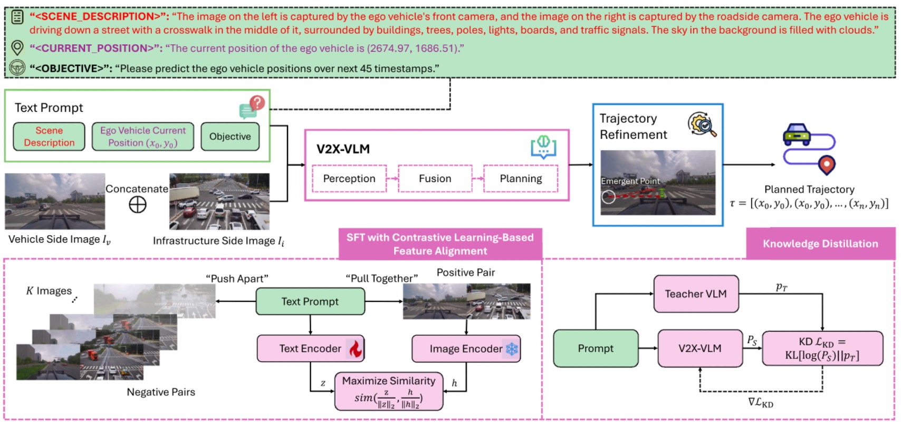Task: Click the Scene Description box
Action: pos(49,137)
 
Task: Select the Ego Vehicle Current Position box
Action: pos(143,137)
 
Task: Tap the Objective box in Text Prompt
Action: pos(230,137)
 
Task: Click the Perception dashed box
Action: pos(349,179)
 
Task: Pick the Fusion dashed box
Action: pos(435,179)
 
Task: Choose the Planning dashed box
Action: pos(521,179)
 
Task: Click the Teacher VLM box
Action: pos(695,294)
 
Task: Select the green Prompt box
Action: pos(596,348)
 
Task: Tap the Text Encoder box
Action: pos(310,348)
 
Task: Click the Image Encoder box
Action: pos(466,348)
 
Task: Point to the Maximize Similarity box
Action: pos(389,392)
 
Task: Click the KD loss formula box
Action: pos(822,348)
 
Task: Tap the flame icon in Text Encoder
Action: pos(356,349)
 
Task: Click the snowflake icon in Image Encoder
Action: pos(512,348)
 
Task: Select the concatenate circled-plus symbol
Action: pos(138,205)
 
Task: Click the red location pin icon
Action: pos(827,165)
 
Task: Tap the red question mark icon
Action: pos(257,102)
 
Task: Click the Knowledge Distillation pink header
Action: pos(820,244)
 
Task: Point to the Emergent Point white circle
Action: pos(609,197)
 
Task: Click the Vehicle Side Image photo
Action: pos(55,201)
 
